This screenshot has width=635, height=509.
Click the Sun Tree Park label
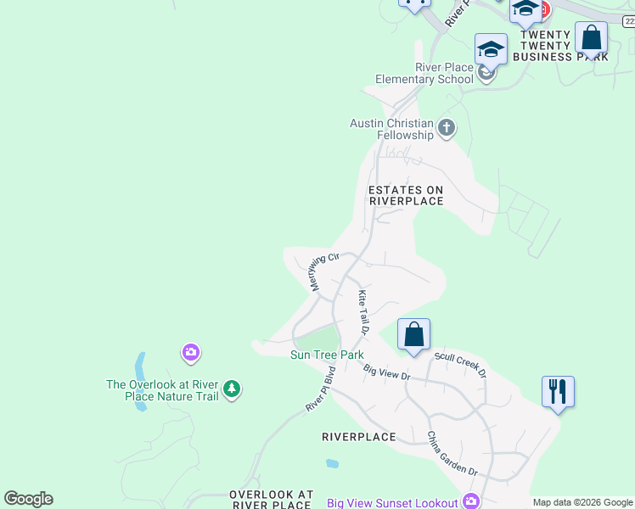click(x=327, y=355)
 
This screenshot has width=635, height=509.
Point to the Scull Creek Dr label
click(x=460, y=361)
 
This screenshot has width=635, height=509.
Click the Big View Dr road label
click(x=386, y=371)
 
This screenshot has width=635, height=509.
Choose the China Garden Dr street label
click(x=452, y=454)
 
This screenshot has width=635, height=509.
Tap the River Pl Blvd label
click(x=322, y=390)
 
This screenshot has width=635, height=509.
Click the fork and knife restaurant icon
click(x=558, y=392)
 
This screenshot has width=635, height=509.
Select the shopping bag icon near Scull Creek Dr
click(x=413, y=334)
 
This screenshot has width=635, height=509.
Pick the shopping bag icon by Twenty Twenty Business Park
click(x=591, y=38)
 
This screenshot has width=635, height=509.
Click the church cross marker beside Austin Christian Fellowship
click(x=447, y=129)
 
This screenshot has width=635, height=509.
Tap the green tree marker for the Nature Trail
click(x=232, y=390)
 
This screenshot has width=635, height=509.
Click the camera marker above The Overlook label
click(x=190, y=352)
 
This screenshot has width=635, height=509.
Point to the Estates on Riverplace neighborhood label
click(x=406, y=196)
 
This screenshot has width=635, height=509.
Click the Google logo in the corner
click(x=28, y=499)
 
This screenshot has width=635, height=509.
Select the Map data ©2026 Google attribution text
click(x=582, y=502)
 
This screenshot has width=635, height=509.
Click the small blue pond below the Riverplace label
click(x=332, y=464)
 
